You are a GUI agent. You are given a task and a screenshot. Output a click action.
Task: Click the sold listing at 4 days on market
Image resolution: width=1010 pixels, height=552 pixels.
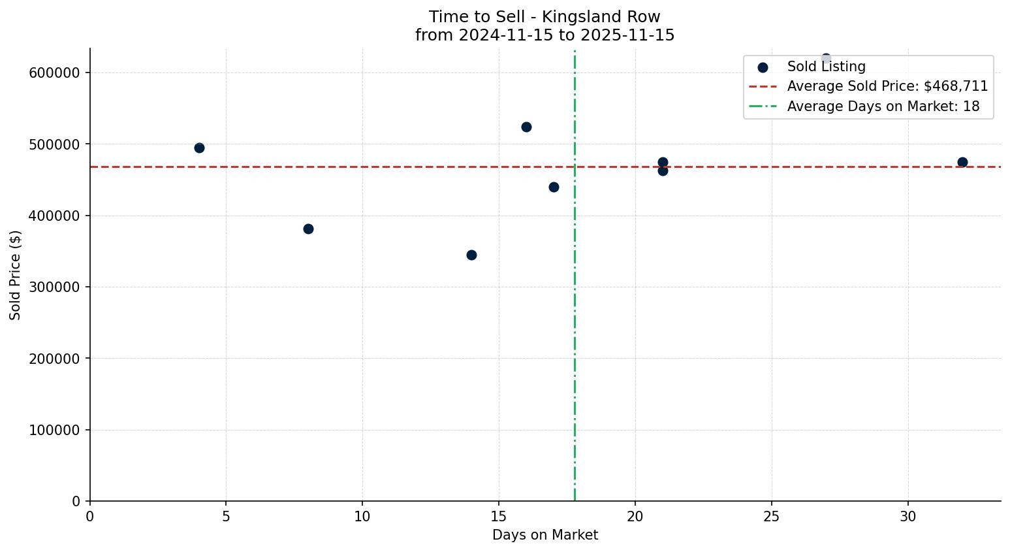click(x=199, y=148)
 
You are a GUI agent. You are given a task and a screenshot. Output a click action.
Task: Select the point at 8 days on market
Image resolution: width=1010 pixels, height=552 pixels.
click(x=308, y=229)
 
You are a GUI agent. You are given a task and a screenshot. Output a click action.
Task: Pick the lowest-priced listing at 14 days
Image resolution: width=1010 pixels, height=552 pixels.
click(x=471, y=255)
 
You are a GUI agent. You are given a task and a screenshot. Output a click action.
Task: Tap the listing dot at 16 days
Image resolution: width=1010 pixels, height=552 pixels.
click(x=526, y=127)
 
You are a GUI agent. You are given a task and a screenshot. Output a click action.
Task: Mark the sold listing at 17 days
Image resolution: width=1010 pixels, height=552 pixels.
click(x=554, y=187)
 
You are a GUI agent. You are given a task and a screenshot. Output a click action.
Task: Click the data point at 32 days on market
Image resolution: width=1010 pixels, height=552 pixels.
click(x=962, y=162)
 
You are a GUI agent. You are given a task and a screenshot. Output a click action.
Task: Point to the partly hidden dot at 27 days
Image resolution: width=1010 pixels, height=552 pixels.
click(x=826, y=57)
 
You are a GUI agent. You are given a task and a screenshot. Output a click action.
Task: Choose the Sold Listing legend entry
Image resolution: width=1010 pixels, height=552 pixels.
click(x=826, y=67)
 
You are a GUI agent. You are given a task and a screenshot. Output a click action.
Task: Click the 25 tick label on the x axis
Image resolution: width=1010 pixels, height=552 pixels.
click(x=772, y=517)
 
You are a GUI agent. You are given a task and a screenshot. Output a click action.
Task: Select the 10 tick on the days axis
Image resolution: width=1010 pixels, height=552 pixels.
click(x=362, y=517)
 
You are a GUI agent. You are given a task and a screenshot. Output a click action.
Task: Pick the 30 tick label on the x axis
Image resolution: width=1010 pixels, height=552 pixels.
click(x=908, y=517)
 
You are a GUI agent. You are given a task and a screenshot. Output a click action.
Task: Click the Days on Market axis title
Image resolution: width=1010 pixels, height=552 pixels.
click(x=545, y=535)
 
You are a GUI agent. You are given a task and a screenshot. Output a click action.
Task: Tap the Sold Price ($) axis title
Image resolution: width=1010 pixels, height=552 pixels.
click(x=15, y=275)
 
